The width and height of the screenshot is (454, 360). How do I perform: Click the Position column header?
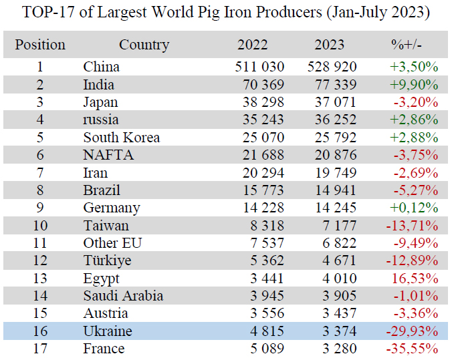coord(40,45)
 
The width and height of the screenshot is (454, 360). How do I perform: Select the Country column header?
coord(144,45)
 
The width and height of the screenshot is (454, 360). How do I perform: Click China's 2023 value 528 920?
coord(332,67)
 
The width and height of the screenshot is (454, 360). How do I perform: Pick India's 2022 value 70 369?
coord(261,85)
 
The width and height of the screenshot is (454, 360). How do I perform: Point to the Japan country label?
coord(100,102)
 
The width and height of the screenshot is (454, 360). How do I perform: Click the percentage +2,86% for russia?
coord(413,120)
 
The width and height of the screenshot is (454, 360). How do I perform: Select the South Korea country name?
coord(121,138)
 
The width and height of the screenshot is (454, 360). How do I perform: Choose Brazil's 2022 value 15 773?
coord(261,190)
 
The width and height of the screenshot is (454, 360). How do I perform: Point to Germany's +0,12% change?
coord(413,208)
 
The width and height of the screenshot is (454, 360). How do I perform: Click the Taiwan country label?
coord(106,225)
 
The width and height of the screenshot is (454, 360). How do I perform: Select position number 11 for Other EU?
coord(40,243)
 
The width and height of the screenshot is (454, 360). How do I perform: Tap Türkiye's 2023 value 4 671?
coord(340,260)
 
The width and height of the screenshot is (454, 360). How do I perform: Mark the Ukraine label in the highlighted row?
coord(107,331)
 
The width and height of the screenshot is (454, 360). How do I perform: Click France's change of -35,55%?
coord(412,349)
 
